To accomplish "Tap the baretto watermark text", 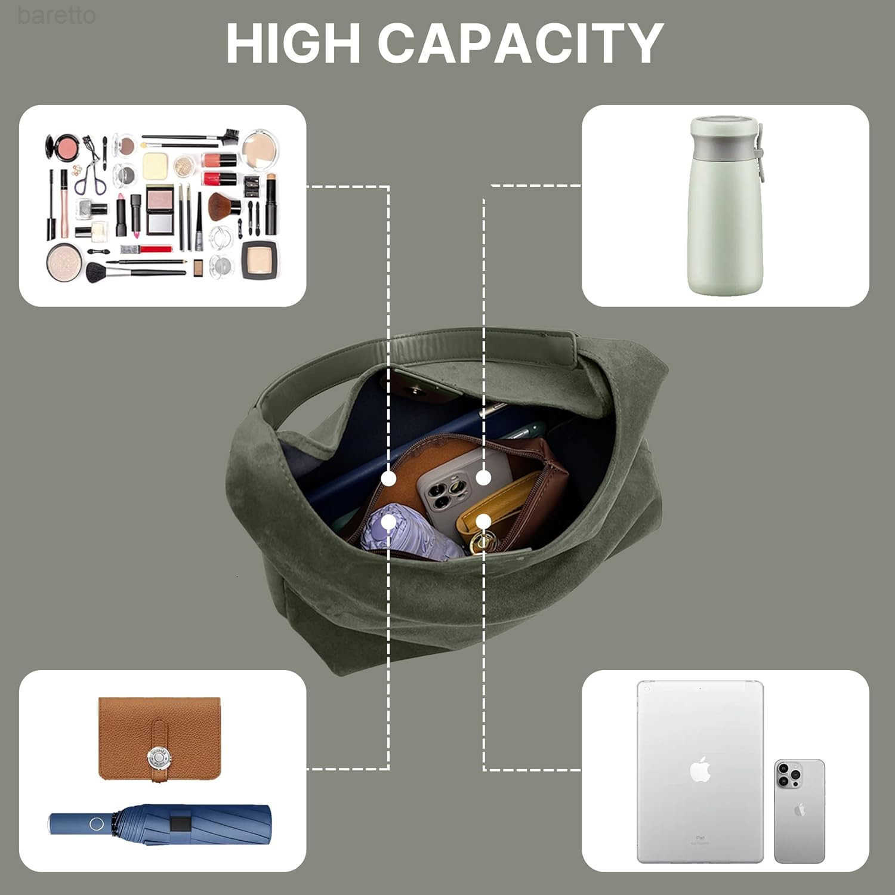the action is click(x=56, y=15).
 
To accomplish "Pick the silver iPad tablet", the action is click(x=700, y=771).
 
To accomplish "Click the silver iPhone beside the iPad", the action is click(x=800, y=811).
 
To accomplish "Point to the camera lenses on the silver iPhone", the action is click(x=789, y=775).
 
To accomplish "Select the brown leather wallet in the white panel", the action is click(x=159, y=739).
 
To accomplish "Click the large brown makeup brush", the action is click(x=224, y=206).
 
